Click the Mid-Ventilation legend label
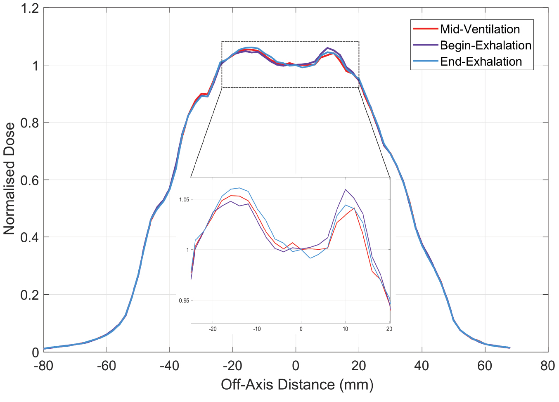480,29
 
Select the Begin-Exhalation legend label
486,45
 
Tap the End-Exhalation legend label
481,61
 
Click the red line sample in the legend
425,29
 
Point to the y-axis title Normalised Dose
9,178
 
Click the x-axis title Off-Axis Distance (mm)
297,384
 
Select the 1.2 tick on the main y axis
30,8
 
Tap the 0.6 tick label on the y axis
30,180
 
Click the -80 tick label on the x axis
44,366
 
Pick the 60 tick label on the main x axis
485,366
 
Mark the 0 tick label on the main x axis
296,366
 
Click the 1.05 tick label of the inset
184,200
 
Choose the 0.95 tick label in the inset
184,301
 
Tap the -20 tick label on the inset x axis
213,329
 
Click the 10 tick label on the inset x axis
345,329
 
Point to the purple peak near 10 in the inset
346,189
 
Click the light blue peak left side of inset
239,188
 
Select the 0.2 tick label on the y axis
30,295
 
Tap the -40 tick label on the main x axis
170,366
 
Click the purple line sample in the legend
425,45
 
